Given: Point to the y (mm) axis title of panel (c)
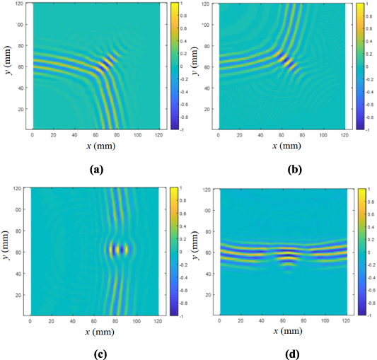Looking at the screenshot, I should coord(8,251).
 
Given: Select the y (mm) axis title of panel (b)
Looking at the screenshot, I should coord(197,66).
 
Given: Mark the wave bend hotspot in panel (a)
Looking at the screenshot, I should coord(106,64).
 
